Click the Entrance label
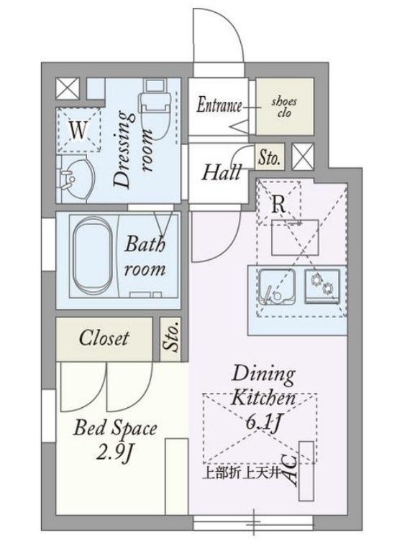(219, 106)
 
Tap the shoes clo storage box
(285, 106)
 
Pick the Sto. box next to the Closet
(170, 338)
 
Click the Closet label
(104, 338)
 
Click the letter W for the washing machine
(78, 130)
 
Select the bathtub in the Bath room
(92, 255)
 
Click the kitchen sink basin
(277, 287)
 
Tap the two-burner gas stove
(321, 286)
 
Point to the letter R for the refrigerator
(278, 205)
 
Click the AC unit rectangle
(306, 471)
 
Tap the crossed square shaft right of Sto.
(303, 157)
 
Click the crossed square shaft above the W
(68, 88)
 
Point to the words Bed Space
(115, 427)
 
